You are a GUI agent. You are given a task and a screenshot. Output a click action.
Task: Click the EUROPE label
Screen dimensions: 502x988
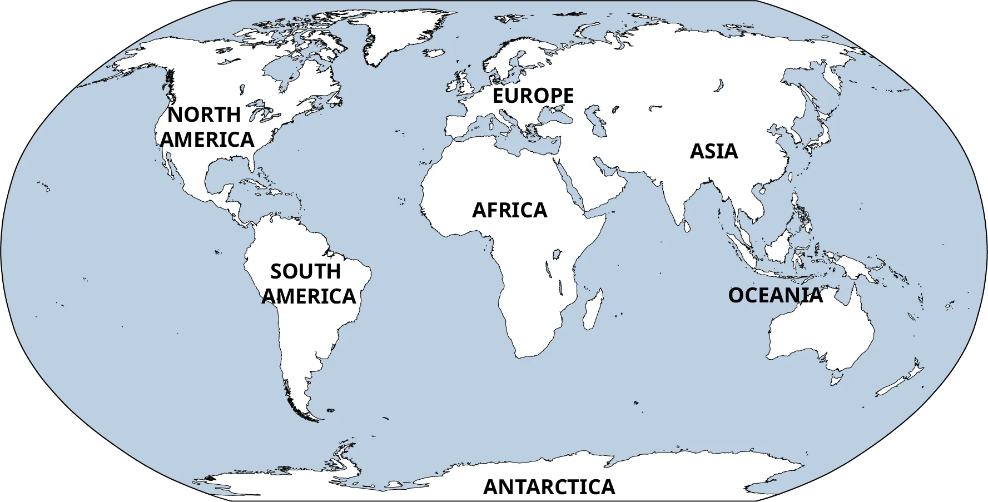(x=533, y=96)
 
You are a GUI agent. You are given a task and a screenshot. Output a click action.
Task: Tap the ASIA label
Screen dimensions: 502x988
(x=714, y=151)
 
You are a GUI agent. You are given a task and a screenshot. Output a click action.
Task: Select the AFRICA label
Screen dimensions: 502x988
(x=509, y=210)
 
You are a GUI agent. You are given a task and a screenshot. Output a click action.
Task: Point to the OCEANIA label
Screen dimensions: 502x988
(x=775, y=295)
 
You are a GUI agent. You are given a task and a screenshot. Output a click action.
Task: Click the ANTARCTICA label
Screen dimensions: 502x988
(x=549, y=487)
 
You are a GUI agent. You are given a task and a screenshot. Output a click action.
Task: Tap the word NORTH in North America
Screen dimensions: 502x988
(x=204, y=115)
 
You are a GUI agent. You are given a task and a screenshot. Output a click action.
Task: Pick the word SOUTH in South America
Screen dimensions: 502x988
(x=305, y=272)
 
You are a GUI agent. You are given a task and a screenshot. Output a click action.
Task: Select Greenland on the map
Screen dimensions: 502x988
(x=398, y=33)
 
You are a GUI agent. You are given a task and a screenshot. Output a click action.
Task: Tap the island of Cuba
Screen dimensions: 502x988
(x=253, y=184)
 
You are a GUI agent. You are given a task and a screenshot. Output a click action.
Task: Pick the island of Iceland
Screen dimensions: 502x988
(x=433, y=53)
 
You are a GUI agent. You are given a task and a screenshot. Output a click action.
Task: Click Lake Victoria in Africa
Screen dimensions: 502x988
(x=555, y=255)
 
